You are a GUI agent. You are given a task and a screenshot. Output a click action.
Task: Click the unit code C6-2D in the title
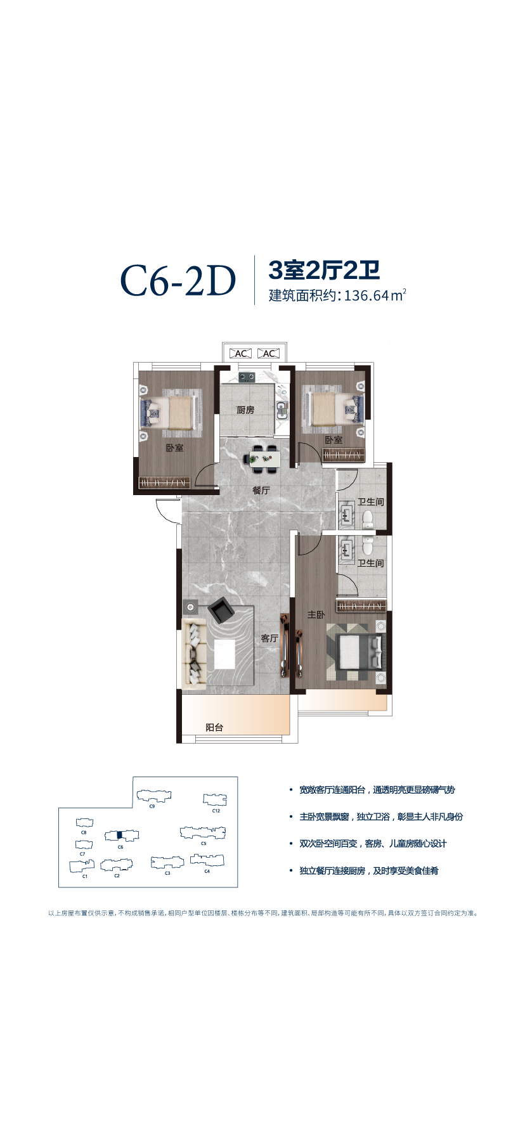[x=178, y=281]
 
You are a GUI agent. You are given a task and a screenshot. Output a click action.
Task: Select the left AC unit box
[x=241, y=354]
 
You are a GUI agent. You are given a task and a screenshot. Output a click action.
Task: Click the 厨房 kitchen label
[x=245, y=410]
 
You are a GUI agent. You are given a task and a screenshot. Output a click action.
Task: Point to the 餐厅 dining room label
[x=261, y=490]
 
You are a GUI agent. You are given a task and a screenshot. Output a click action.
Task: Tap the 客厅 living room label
[x=269, y=638]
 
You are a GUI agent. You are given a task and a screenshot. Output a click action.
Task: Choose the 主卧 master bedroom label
[x=316, y=614]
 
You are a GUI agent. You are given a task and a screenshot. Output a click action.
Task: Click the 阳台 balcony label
[x=214, y=727]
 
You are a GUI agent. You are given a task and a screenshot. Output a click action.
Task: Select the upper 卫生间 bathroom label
[x=371, y=502]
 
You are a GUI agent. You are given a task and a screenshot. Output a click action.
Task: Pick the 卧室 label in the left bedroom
[x=175, y=448]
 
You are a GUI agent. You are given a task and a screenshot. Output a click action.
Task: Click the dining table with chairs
[x=264, y=459]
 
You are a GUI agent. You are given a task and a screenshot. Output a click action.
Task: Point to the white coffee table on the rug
[x=224, y=654]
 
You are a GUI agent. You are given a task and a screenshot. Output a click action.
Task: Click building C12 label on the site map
[x=216, y=811]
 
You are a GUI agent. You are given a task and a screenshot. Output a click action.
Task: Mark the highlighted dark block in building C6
[x=119, y=835]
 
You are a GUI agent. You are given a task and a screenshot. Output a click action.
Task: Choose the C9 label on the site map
[x=152, y=806]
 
